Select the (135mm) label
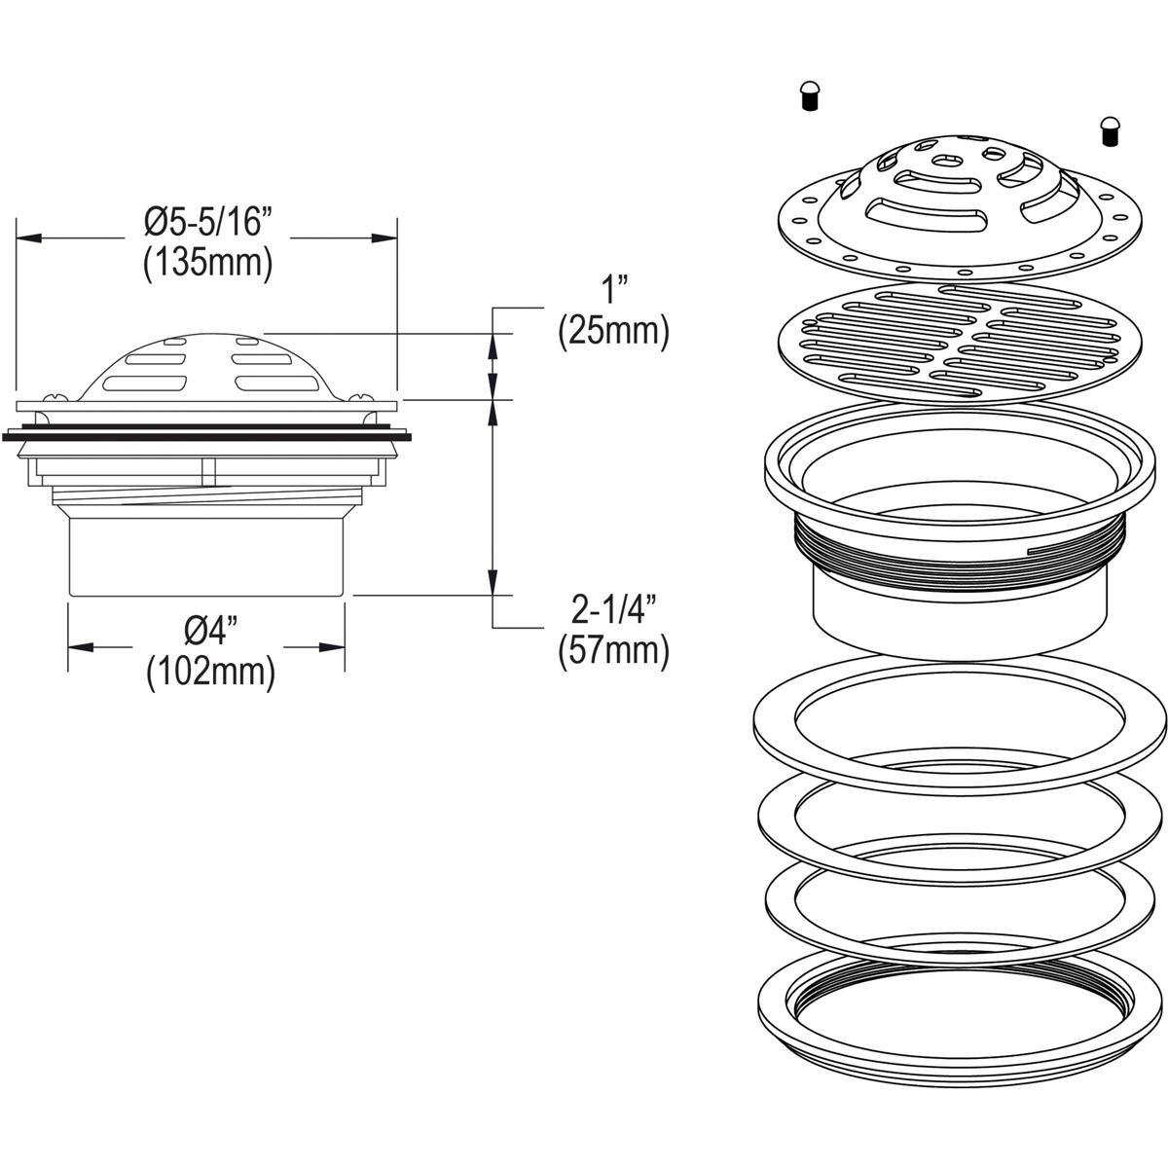coord(206,264)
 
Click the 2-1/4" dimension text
coord(614,611)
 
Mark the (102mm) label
coord(209,671)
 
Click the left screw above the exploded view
coord(807,97)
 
